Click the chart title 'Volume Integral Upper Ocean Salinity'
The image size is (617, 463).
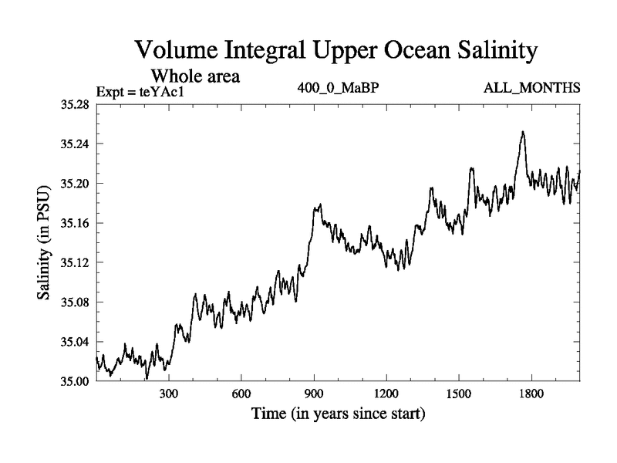tap(335, 52)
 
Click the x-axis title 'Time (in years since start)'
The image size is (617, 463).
tap(338, 414)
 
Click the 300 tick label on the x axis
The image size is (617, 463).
tap(168, 393)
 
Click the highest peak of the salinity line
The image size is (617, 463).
tap(523, 132)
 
